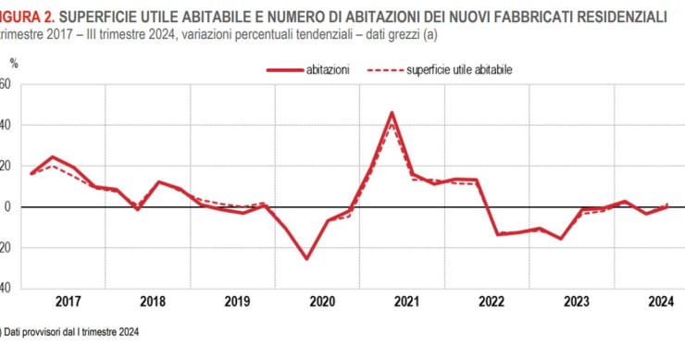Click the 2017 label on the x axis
pos(68,302)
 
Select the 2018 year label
pos(153,302)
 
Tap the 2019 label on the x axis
pos(238,302)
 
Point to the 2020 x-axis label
pos(322,302)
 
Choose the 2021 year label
pos(407,302)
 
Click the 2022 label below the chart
pos(492,302)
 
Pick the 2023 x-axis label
pos(577,302)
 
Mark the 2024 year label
pos(660,302)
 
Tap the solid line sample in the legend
pos(284,69)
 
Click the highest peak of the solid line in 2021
pos(392,113)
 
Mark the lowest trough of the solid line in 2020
pos(307,258)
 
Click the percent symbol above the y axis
pos(14,63)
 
